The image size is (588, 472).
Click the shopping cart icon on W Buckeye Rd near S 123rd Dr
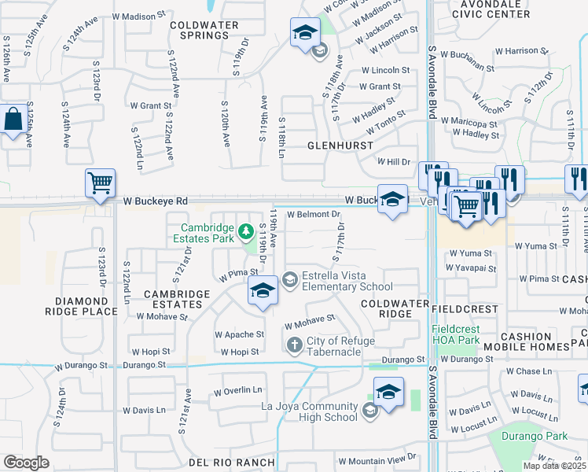(x=100, y=184)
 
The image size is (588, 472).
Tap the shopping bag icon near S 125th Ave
(x=14, y=121)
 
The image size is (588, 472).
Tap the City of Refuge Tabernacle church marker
(x=294, y=345)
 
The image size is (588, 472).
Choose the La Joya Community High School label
(x=311, y=411)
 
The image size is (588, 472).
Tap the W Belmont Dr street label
(x=313, y=214)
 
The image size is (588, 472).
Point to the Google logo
(x=26, y=463)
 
